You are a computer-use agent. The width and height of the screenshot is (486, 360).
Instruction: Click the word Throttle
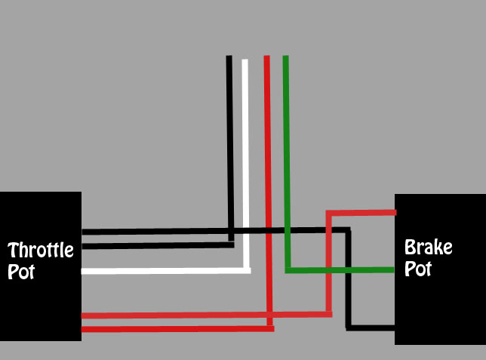41,251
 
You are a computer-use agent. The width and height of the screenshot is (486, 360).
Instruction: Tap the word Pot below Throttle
21,272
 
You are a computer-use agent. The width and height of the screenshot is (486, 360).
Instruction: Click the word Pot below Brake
417,269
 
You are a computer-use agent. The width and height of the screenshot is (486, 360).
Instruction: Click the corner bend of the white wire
246,269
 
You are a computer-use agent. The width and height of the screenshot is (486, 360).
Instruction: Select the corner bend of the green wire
288,269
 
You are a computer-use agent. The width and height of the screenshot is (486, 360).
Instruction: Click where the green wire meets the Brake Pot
394,269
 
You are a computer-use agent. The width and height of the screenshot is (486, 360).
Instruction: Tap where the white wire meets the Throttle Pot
82,271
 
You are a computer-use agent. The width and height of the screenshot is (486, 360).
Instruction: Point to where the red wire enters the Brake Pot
394,213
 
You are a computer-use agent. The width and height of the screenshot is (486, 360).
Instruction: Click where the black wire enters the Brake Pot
394,328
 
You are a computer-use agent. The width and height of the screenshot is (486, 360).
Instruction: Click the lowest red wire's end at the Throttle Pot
82,329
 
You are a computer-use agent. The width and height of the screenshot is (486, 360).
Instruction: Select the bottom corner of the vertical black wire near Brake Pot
349,328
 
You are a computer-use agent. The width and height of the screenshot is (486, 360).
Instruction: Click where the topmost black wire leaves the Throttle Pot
82,230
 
